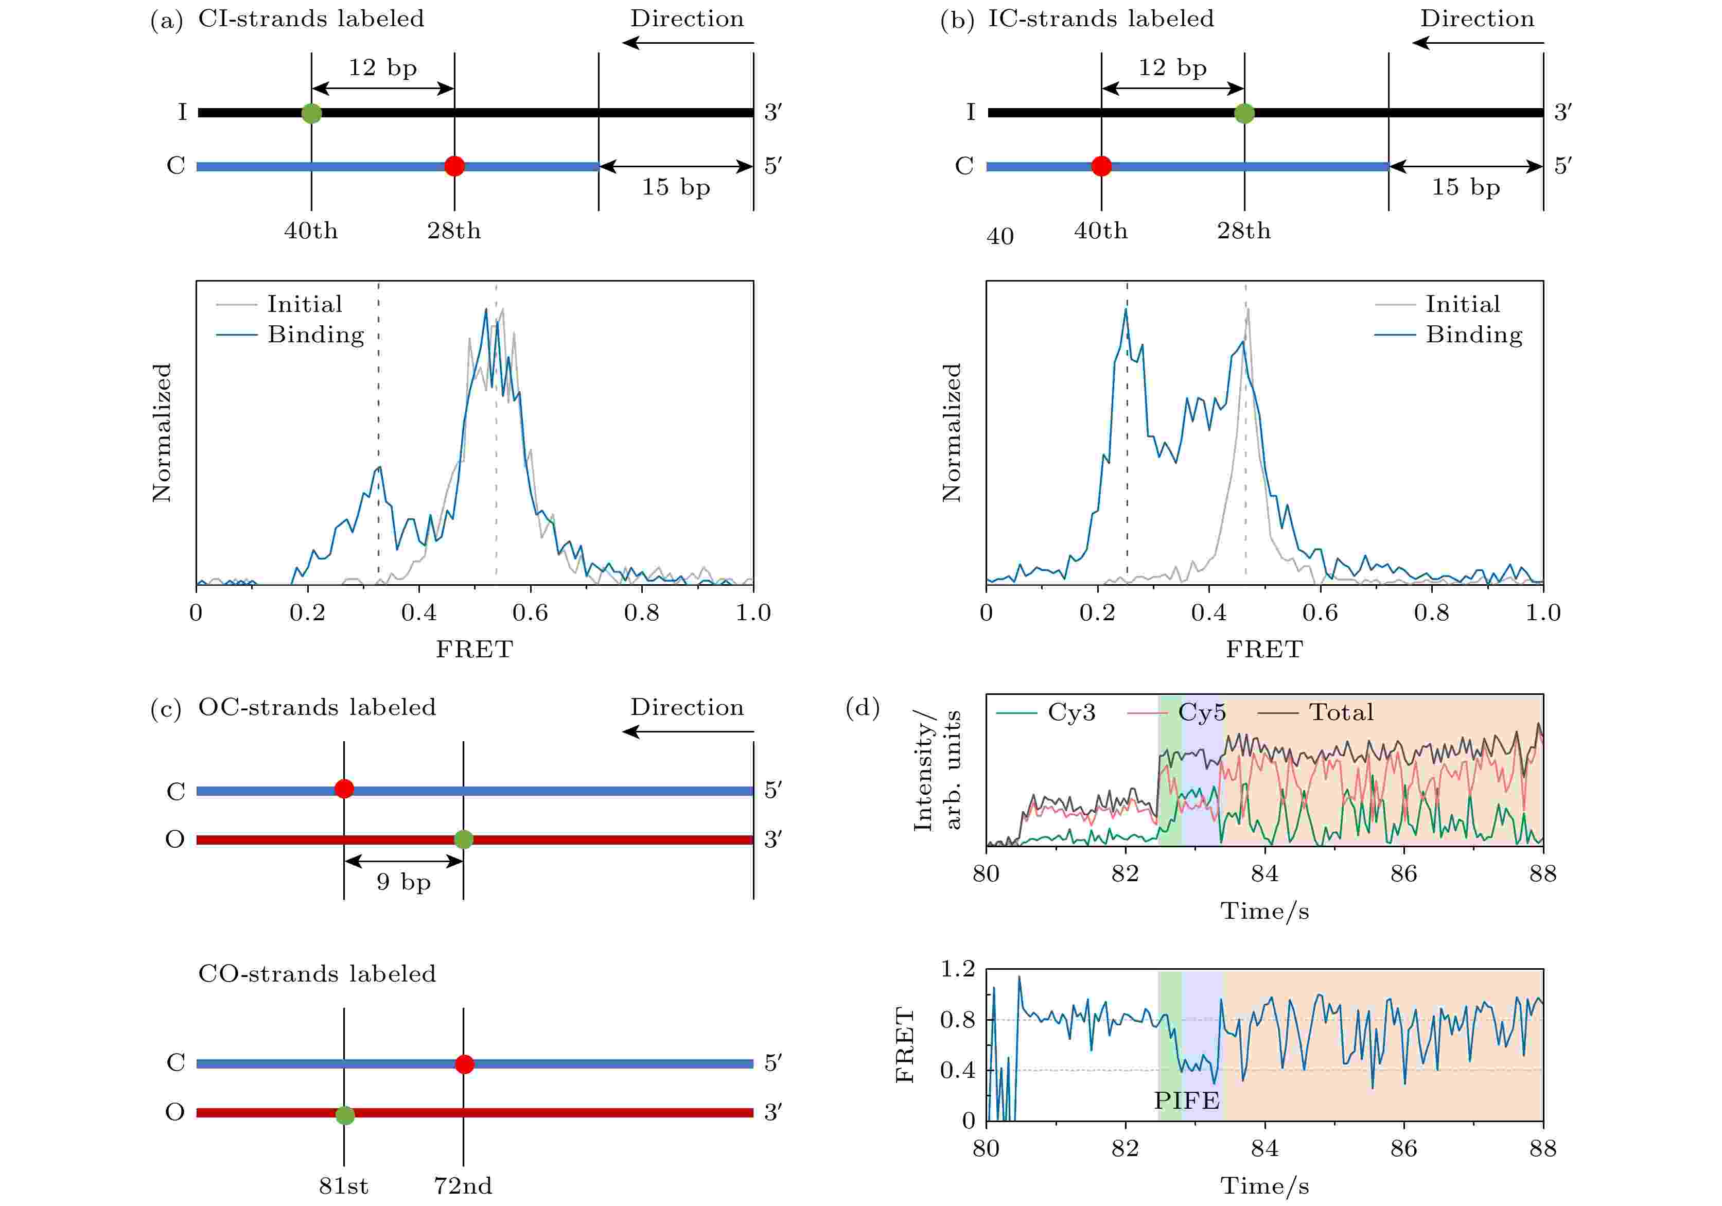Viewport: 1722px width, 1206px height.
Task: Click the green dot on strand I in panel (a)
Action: pos(311,113)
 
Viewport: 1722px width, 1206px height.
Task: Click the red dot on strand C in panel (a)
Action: pos(454,166)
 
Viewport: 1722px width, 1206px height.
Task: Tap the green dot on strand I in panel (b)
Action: pos(1244,114)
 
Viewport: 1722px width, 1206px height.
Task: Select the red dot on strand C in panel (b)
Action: pos(1101,166)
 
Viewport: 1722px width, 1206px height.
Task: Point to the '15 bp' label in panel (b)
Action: pos(1466,187)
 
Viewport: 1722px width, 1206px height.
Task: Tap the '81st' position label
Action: pos(343,1186)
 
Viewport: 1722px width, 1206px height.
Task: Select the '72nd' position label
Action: pos(463,1186)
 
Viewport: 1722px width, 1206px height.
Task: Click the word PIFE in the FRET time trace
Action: pos(1186,1100)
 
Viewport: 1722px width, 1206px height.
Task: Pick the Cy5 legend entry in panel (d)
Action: pos(1202,712)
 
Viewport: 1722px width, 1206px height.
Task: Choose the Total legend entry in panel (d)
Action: pos(1341,712)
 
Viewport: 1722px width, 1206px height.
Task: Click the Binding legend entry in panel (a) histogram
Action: pos(316,335)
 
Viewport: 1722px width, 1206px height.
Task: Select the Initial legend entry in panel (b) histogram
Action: pos(1463,304)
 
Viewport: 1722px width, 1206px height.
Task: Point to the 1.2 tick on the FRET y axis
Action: pos(958,969)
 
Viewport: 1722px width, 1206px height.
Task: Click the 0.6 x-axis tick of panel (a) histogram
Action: pos(530,613)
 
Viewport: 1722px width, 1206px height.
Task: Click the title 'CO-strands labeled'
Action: pos(317,973)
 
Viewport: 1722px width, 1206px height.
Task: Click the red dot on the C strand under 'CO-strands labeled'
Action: pos(464,1063)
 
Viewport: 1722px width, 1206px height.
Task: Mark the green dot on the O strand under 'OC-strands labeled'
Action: pos(464,839)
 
